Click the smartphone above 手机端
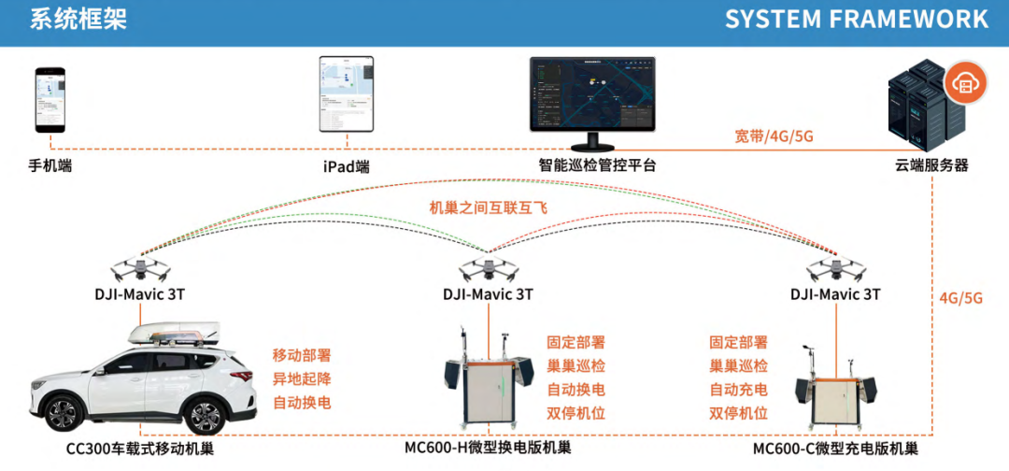pyautogui.click(x=50, y=99)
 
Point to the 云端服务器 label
pyautogui.click(x=931, y=165)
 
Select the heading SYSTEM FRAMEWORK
pyautogui.click(x=856, y=20)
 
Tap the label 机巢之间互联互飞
pyautogui.click(x=488, y=207)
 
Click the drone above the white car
pyautogui.click(x=140, y=269)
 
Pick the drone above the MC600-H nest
pyautogui.click(x=488, y=269)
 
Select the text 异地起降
pyautogui.click(x=302, y=379)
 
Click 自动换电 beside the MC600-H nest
pyautogui.click(x=576, y=390)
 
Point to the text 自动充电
pyautogui.click(x=738, y=390)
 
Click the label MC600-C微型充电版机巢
pyautogui.click(x=834, y=449)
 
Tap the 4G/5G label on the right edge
pyautogui.click(x=961, y=299)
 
